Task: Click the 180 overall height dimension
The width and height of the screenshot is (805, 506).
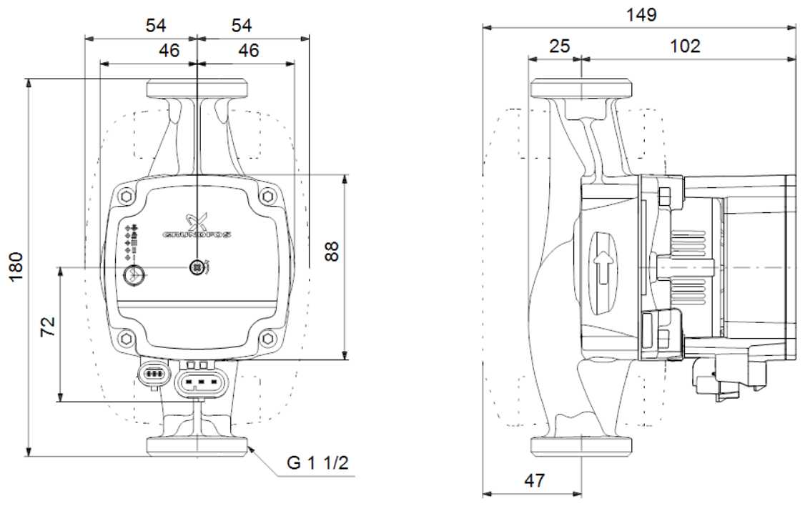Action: [16, 267]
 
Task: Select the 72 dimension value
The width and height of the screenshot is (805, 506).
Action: [48, 327]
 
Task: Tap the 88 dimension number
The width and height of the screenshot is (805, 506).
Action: [332, 252]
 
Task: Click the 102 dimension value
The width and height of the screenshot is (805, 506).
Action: [685, 46]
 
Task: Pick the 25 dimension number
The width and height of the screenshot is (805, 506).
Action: [559, 46]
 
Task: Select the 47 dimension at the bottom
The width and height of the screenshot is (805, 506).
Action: [534, 480]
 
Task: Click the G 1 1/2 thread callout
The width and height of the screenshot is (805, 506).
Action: [317, 463]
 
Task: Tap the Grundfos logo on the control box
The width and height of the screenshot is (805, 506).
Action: [197, 227]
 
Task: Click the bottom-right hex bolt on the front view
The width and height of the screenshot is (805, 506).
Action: [267, 338]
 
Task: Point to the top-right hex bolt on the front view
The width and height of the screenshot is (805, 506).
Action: [267, 196]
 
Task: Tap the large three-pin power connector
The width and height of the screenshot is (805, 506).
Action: [201, 382]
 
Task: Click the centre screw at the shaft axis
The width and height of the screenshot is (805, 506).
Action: [197, 267]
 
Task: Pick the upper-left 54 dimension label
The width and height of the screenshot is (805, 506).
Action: [156, 25]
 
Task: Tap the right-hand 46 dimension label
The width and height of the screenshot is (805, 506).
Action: [249, 50]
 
